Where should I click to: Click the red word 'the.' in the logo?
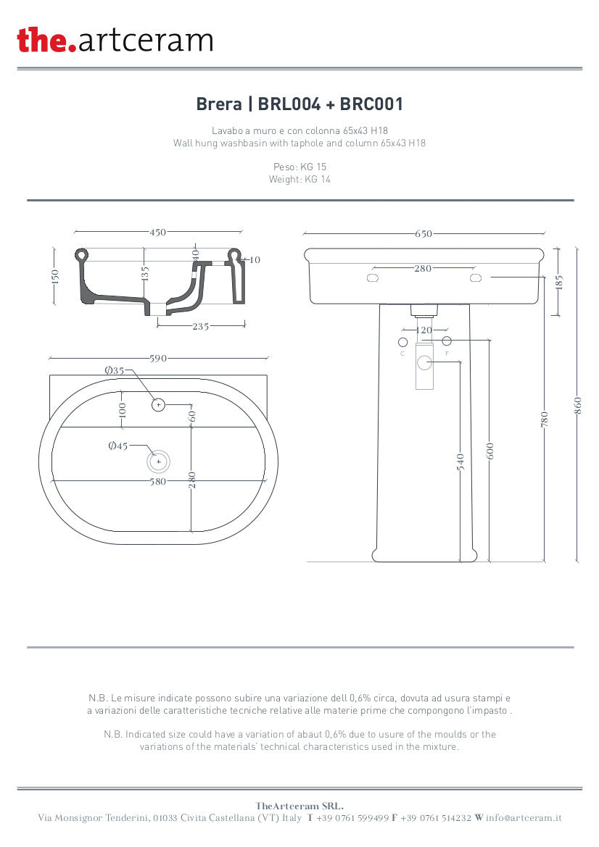tap(46, 40)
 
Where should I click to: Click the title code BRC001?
tap(371, 104)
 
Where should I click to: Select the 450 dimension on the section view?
tap(157, 233)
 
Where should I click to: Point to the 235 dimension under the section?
tap(200, 327)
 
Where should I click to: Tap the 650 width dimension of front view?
tap(424, 234)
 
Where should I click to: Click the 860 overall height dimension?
tap(578, 406)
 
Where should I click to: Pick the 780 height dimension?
tap(545, 419)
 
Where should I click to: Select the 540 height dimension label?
tap(460, 462)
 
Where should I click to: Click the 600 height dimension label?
tap(490, 451)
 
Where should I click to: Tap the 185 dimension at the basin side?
tap(558, 281)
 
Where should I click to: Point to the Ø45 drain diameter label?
tap(117, 446)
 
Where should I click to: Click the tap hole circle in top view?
tap(159, 404)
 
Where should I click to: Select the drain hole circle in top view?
tap(159, 462)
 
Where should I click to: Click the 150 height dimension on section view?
tap(56, 276)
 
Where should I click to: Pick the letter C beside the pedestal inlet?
tap(402, 354)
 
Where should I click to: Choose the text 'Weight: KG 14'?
tap(299, 179)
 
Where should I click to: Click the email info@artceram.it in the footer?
tap(524, 818)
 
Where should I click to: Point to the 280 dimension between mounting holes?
tap(423, 269)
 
